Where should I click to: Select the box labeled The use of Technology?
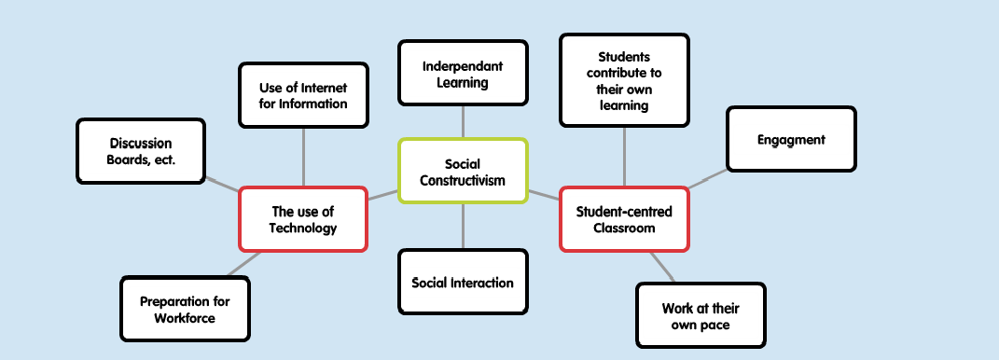(303, 219)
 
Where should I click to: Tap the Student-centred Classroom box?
(623, 219)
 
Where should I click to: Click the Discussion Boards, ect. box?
(141, 151)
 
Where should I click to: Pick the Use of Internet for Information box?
(303, 95)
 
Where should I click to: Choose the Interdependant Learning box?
(463, 73)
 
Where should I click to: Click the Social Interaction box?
(463, 283)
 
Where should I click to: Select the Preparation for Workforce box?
(185, 310)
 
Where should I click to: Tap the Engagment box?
(791, 140)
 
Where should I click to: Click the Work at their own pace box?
(701, 316)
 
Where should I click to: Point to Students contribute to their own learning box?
(623, 80)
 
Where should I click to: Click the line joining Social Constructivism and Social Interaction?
(463, 226)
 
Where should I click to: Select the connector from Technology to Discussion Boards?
(221, 183)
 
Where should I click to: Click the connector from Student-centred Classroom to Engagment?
(708, 179)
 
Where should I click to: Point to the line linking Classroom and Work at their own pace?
(661, 267)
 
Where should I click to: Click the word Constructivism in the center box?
(463, 180)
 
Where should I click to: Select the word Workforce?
(185, 318)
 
